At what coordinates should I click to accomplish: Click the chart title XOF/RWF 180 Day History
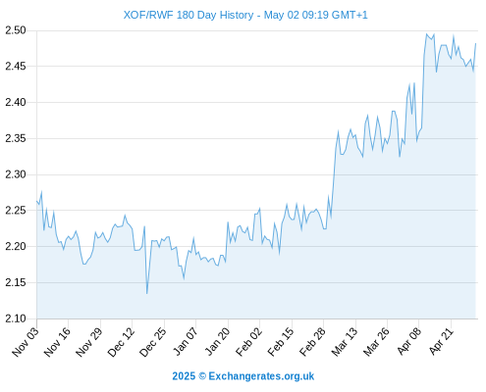(x=189, y=15)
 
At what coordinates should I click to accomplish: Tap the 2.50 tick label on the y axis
(x=16, y=30)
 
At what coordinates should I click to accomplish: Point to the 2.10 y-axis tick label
(x=16, y=318)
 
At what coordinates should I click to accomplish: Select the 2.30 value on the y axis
(x=16, y=174)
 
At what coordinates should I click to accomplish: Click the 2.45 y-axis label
(x=16, y=67)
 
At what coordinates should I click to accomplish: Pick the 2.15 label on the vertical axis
(x=16, y=282)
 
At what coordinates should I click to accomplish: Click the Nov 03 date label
(x=26, y=342)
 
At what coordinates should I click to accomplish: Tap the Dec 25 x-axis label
(x=153, y=342)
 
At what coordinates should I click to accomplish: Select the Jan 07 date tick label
(x=186, y=342)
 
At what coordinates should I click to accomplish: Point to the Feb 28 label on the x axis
(x=312, y=342)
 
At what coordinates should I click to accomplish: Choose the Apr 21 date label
(x=441, y=342)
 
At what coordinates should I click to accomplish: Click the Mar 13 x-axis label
(x=345, y=342)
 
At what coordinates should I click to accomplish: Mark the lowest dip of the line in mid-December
(x=147, y=293)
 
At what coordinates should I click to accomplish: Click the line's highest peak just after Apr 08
(x=426, y=33)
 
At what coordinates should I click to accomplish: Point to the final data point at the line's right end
(x=475, y=43)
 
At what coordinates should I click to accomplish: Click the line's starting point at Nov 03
(x=37, y=201)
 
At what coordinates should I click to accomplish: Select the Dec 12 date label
(x=121, y=342)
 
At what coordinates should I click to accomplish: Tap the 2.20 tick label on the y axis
(x=16, y=246)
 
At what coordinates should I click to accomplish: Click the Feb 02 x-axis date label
(x=248, y=342)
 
